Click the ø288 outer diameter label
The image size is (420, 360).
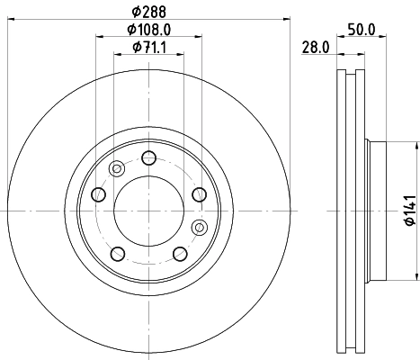(148, 13)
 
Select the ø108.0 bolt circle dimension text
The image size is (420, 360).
(148, 29)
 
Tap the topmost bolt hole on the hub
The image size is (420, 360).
(148, 159)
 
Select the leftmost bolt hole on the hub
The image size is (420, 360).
(100, 194)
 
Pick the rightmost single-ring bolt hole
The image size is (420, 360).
(198, 194)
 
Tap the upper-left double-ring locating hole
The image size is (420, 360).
(115, 169)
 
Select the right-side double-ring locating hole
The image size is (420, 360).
(200, 226)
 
